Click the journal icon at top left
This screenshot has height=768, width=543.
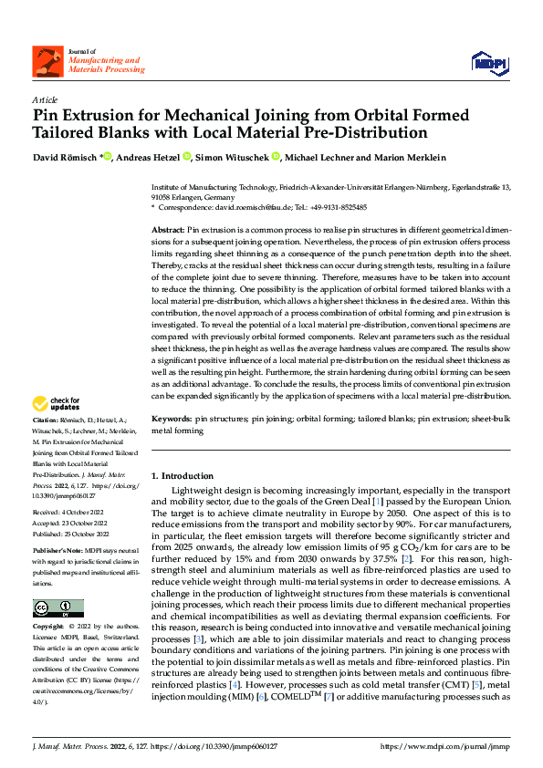point(45,61)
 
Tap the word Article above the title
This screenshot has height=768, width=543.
point(45,99)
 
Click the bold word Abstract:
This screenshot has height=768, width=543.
point(168,231)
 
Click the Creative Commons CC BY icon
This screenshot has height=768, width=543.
point(57,608)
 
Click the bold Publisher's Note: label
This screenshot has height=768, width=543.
point(59,554)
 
